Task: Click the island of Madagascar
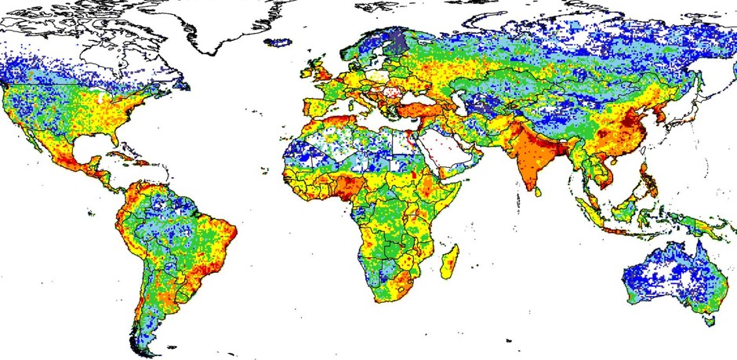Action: coord(450,262)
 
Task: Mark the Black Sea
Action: coord(407,96)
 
